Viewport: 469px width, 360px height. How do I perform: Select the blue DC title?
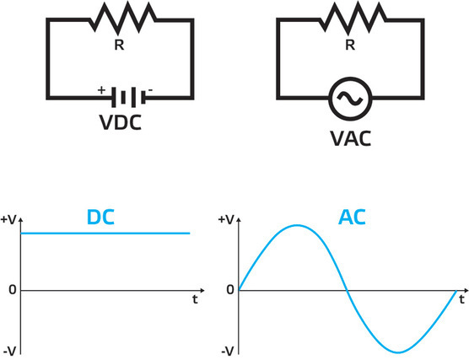point(100,218)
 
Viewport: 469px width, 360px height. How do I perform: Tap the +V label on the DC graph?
point(8,219)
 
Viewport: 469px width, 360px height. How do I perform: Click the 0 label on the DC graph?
point(10,290)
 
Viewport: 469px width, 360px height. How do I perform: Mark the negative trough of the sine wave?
point(399,352)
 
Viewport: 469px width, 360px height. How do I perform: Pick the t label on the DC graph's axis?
point(194,298)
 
